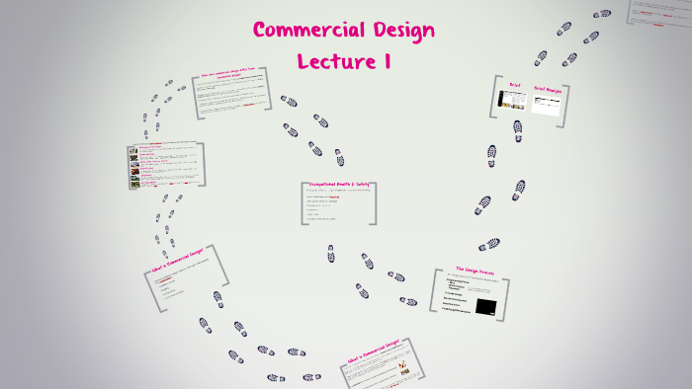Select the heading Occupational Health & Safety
point(341,184)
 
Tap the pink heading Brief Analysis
point(548,90)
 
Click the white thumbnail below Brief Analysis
point(547,104)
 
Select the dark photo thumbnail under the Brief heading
point(512,100)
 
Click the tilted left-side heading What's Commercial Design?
point(177,260)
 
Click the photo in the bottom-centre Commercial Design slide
point(403,367)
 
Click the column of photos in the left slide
point(133,165)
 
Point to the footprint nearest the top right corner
point(602,14)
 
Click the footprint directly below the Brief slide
point(491,155)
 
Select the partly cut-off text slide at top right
point(660,14)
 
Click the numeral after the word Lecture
point(385,61)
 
